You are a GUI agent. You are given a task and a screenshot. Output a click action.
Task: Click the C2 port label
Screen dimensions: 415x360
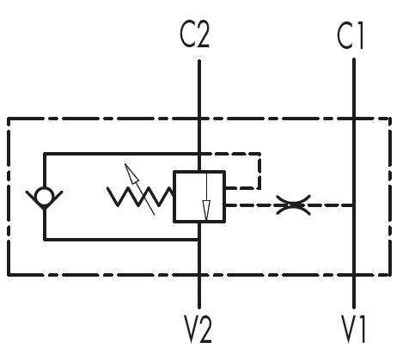pyautogui.click(x=195, y=35)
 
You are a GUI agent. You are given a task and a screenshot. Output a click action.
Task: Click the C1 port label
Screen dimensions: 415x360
pyautogui.click(x=351, y=36)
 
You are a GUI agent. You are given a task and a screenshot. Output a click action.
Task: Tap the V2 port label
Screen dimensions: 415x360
pyautogui.click(x=198, y=329)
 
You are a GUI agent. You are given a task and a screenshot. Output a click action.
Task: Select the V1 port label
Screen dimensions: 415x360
pyautogui.click(x=354, y=329)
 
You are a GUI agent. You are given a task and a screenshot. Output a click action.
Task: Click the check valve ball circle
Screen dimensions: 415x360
pyautogui.click(x=44, y=197)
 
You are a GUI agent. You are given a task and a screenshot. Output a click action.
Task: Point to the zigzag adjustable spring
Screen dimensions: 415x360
pyautogui.click(x=140, y=197)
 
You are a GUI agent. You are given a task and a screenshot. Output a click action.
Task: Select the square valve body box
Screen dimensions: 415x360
pyautogui.click(x=199, y=197)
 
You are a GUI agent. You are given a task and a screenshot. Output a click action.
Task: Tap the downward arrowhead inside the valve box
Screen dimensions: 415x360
pyautogui.click(x=206, y=211)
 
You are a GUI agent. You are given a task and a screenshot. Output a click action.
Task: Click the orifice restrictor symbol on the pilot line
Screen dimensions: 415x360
pyautogui.click(x=293, y=205)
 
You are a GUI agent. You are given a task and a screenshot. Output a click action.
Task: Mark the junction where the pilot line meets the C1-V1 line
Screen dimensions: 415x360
pyautogui.click(x=354, y=205)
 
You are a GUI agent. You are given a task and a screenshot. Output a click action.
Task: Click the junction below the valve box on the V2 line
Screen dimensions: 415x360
pyautogui.click(x=199, y=240)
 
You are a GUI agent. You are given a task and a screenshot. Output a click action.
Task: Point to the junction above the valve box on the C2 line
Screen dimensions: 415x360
pyautogui.click(x=199, y=154)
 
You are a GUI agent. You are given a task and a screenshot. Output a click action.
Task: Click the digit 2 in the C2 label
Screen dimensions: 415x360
pyautogui.click(x=203, y=35)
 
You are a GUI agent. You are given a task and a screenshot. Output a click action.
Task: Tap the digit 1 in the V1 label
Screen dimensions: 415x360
pyautogui.click(x=363, y=329)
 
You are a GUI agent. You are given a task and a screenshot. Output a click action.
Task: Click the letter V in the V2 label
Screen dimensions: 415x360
pyautogui.click(x=190, y=329)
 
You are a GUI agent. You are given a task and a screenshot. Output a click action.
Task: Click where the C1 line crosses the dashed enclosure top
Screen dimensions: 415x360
pyautogui.click(x=354, y=119)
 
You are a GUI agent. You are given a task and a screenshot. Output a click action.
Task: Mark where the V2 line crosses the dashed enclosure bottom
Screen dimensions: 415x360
pyautogui.click(x=199, y=275)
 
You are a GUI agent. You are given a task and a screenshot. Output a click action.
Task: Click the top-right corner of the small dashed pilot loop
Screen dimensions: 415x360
pyautogui.click(x=259, y=154)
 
